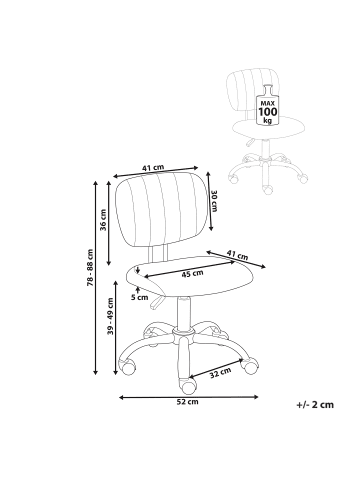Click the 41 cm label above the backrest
coord(153,168)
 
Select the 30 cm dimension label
coord(214,202)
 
